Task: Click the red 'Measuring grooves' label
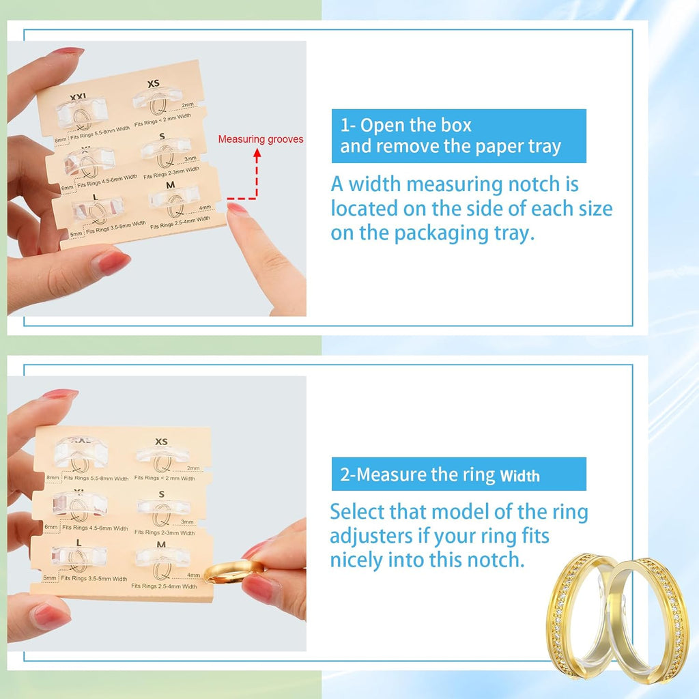261,139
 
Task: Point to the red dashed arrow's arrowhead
257,154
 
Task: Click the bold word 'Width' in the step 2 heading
519,476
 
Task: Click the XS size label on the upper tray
154,84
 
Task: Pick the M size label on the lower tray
161,544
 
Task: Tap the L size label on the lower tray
80,541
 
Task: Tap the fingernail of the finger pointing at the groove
238,210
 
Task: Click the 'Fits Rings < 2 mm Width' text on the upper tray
168,116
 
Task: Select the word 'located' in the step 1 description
363,209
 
